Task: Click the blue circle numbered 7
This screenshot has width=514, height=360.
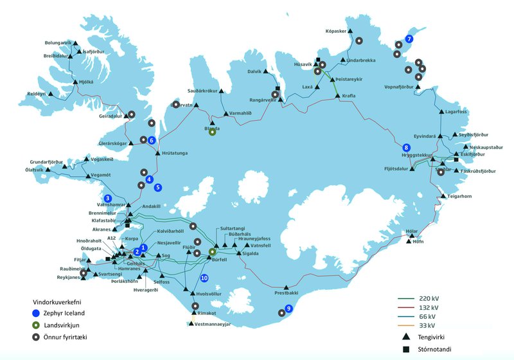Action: (x=409, y=39)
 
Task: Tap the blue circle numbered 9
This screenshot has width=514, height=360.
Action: (x=288, y=309)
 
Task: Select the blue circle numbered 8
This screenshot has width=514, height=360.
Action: (x=406, y=147)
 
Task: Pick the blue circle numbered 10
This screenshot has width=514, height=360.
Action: (x=204, y=278)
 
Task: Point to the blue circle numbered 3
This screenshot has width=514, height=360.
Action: (x=108, y=198)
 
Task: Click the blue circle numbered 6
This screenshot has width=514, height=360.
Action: (x=152, y=140)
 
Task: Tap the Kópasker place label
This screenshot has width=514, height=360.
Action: (x=338, y=30)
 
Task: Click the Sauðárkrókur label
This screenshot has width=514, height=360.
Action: (x=204, y=91)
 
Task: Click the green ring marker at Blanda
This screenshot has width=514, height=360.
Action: (x=212, y=133)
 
